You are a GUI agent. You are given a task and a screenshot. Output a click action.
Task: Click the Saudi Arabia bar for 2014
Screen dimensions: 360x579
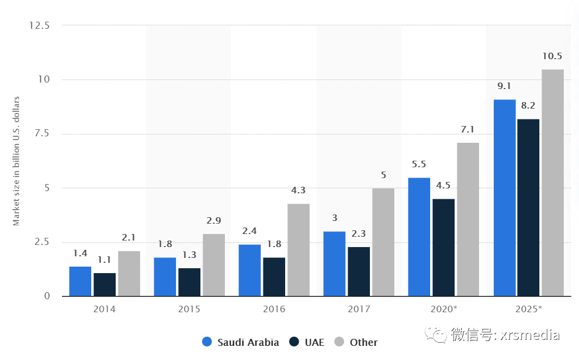click(80, 281)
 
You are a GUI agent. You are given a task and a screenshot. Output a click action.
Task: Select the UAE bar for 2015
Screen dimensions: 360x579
click(189, 282)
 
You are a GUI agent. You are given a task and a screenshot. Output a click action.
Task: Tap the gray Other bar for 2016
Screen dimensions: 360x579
click(298, 250)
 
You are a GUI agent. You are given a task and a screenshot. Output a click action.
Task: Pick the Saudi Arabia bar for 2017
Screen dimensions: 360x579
click(334, 264)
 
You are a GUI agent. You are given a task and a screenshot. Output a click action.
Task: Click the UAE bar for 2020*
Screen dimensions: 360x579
click(443, 248)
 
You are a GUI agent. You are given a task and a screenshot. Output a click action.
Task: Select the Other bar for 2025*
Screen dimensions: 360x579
click(552, 183)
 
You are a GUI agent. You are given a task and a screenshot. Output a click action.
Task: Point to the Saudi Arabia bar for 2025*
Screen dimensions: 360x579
click(505, 198)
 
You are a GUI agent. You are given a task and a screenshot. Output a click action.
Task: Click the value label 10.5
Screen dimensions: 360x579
click(552, 56)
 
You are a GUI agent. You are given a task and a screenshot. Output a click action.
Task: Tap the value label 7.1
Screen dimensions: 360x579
click(467, 129)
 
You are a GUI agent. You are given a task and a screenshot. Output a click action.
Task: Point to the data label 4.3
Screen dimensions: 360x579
click(298, 191)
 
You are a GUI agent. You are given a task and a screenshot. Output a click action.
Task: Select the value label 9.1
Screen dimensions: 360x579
click(504, 86)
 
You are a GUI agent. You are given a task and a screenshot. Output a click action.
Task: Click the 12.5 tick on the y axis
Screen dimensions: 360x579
click(40, 26)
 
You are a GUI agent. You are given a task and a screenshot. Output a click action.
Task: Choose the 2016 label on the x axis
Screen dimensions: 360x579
click(274, 309)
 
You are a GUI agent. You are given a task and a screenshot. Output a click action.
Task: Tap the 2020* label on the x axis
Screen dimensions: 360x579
click(443, 309)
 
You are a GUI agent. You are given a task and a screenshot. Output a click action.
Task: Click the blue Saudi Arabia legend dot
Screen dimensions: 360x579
click(207, 342)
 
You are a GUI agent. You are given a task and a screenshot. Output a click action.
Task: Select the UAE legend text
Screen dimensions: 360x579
click(314, 342)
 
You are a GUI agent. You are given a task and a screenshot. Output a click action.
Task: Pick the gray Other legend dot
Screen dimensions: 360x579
click(339, 342)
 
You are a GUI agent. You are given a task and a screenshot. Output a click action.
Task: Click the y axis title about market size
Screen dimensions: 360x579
click(16, 161)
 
